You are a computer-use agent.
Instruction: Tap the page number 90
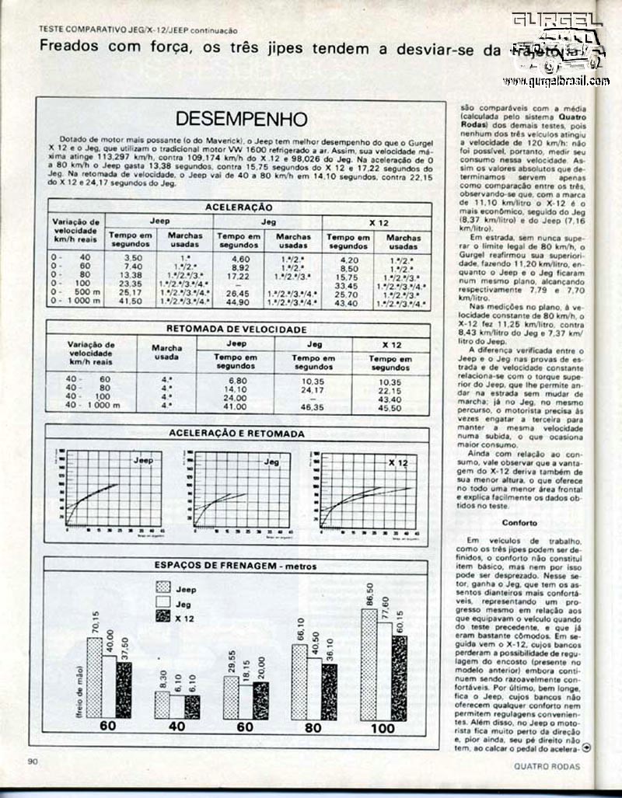[33, 761]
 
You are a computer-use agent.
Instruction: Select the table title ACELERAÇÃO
[238, 207]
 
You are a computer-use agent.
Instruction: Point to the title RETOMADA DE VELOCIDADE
[237, 328]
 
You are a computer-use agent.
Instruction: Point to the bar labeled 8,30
[162, 705]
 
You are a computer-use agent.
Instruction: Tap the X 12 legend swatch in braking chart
[163, 616]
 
